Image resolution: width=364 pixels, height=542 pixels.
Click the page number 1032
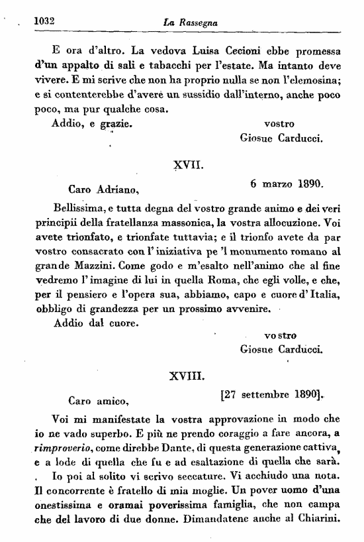[43, 22]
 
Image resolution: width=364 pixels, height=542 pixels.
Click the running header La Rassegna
[191, 23]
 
